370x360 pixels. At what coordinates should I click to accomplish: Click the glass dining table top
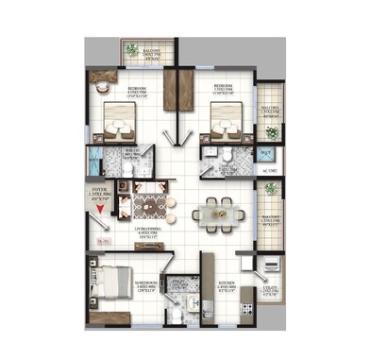click(214, 214)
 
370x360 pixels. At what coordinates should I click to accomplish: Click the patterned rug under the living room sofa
click(150, 205)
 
